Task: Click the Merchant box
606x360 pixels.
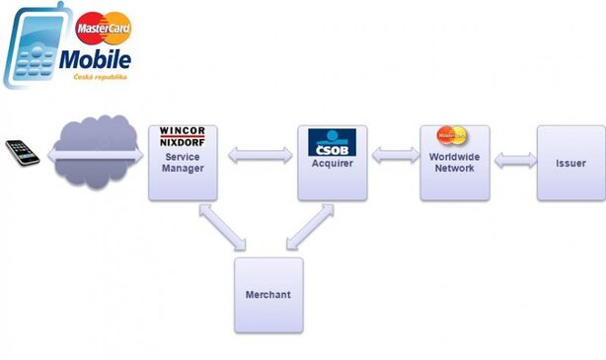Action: coord(268,295)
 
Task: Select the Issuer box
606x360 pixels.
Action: coord(570,163)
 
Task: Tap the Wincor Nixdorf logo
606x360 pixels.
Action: coord(182,137)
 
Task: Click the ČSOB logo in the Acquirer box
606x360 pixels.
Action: coord(332,143)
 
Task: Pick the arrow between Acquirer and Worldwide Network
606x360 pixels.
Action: coord(394,155)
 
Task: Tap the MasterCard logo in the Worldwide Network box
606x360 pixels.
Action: coord(453,135)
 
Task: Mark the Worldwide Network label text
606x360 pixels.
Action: coord(454,163)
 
